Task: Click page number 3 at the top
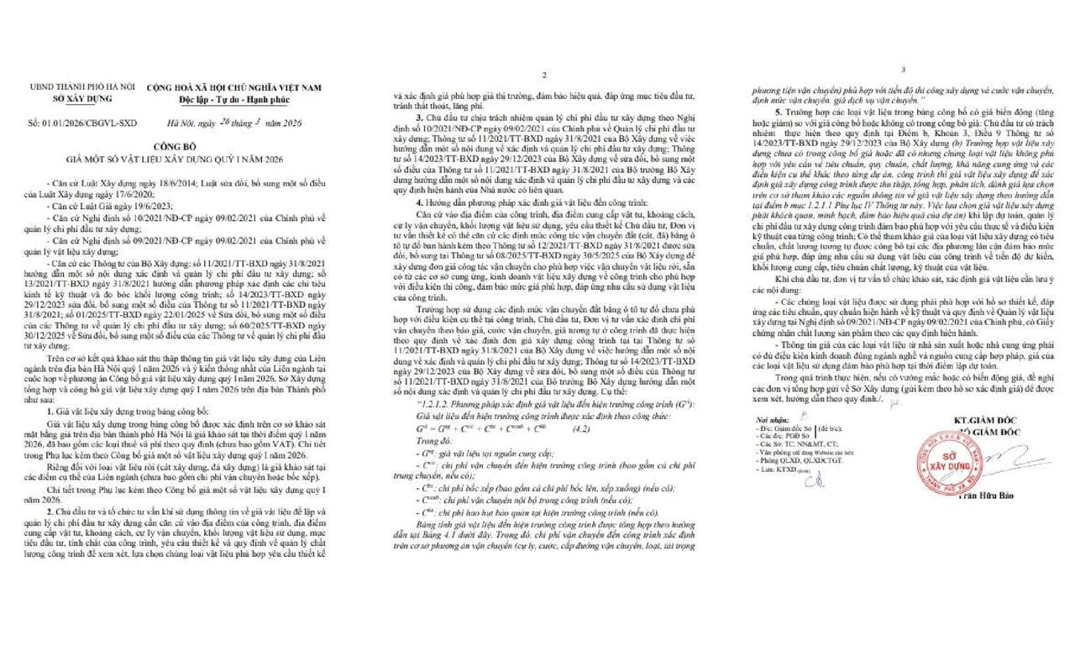coord(903,71)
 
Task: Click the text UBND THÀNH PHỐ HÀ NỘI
coord(82,87)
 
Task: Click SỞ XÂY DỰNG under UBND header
coord(81,98)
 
